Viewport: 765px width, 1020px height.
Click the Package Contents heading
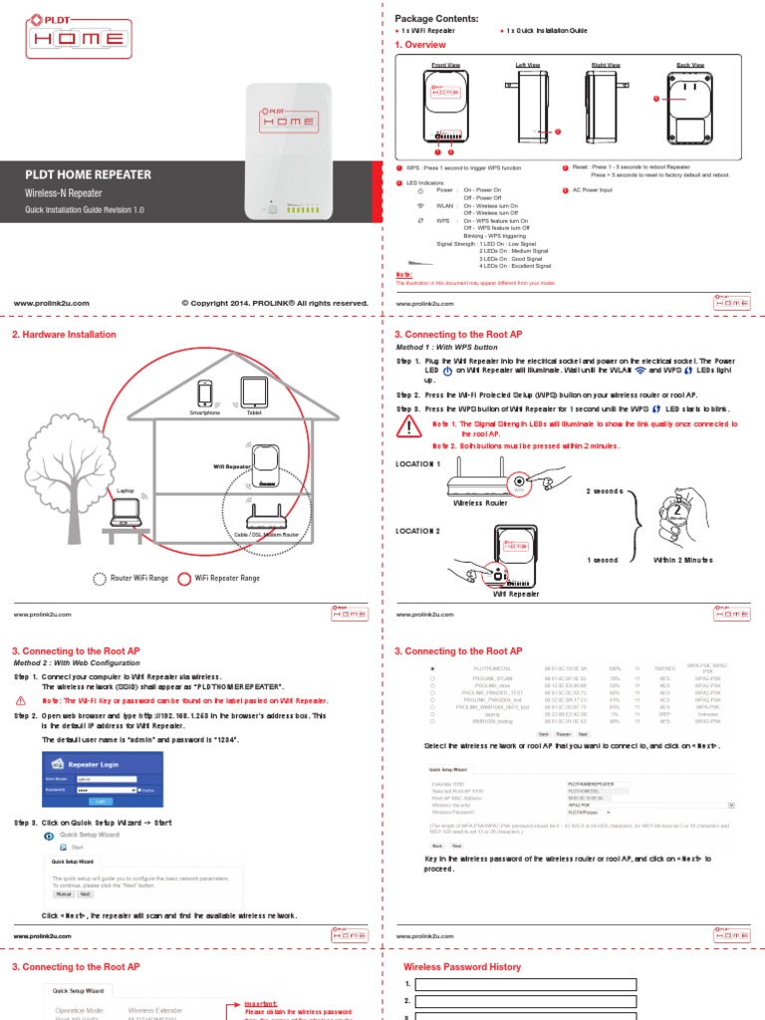[437, 19]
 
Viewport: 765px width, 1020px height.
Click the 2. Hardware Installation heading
[64, 335]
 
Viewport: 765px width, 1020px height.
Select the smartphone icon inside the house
[205, 392]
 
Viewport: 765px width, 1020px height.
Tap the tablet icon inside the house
[252, 391]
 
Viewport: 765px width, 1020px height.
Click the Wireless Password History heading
[461, 966]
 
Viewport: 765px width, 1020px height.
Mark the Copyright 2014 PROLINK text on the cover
[275, 303]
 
